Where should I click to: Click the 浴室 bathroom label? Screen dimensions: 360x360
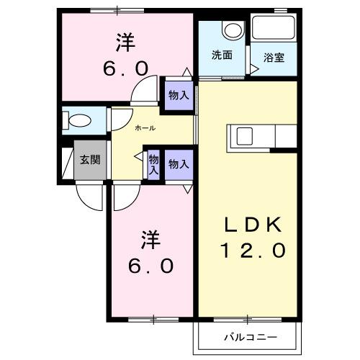click(x=274, y=57)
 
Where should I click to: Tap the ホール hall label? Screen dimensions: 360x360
click(x=145, y=127)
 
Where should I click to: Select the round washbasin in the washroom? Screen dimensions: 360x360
click(x=231, y=31)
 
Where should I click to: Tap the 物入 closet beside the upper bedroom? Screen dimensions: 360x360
click(x=178, y=95)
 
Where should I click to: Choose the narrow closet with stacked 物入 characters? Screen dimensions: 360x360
click(x=153, y=164)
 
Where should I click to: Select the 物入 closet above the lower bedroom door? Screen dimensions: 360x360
click(x=178, y=164)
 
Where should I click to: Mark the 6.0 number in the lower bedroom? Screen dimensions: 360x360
click(x=151, y=266)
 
